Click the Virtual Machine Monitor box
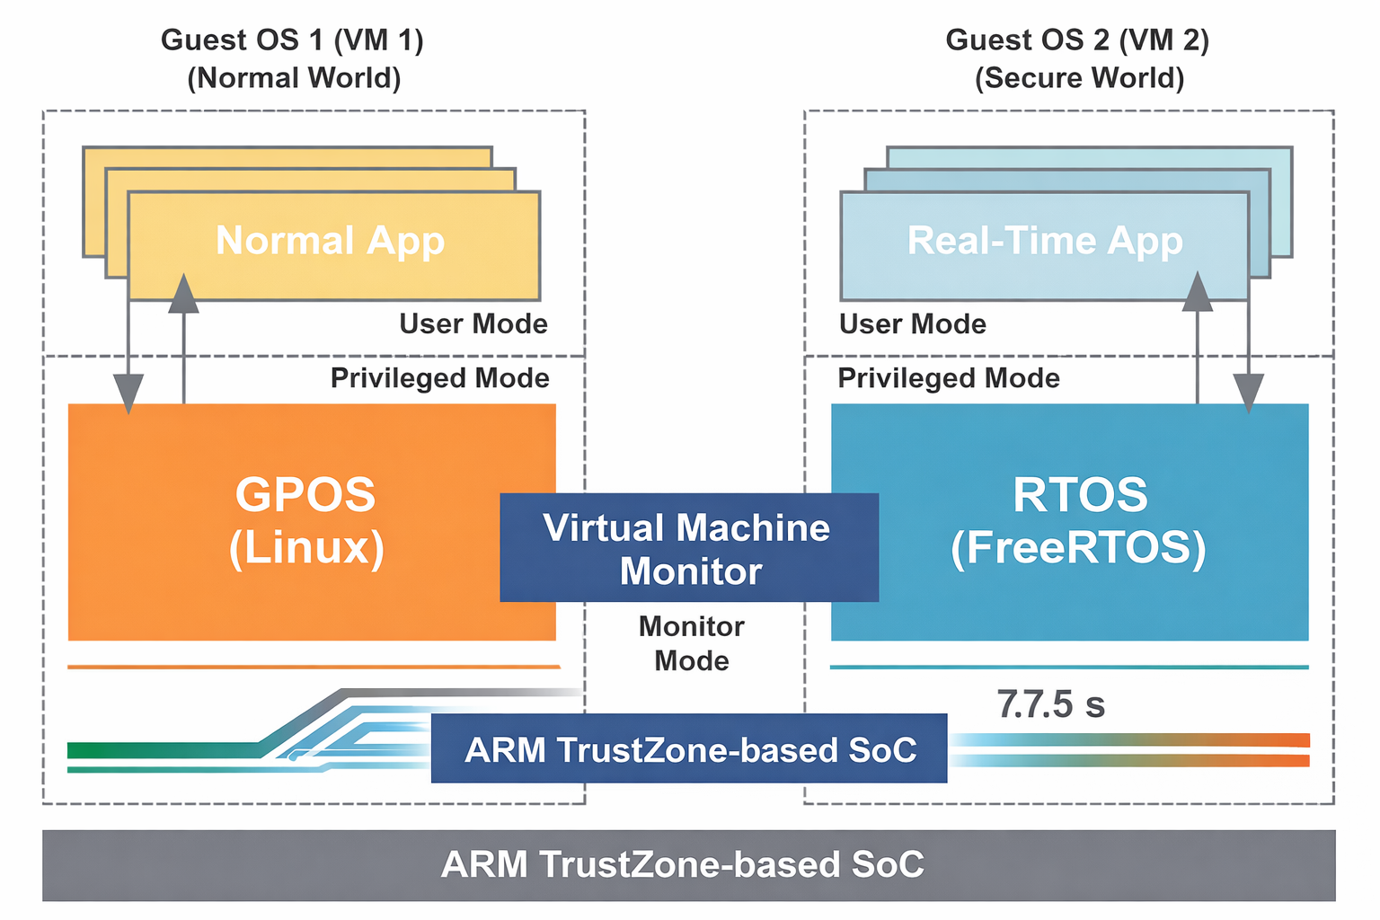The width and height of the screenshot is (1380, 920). pos(689,547)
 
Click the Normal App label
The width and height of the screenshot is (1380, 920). pos(331,241)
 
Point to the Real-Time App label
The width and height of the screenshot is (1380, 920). pos(1045,241)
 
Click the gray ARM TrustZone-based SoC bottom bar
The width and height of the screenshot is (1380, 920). pos(688,864)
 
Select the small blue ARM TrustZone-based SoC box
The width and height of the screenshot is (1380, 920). pos(689,749)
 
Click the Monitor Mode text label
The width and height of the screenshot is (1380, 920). pos(691,643)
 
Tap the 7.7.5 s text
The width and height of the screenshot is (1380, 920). pos(1050,704)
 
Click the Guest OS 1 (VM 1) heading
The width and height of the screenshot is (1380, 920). pos(292,40)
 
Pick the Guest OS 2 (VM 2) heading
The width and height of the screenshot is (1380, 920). pos(1077,40)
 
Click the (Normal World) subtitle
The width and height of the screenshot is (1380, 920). pos(294,78)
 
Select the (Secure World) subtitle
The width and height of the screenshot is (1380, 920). pos(1079,78)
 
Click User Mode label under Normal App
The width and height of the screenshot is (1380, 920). pos(473,323)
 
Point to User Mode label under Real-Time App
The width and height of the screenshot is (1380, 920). pos(913,323)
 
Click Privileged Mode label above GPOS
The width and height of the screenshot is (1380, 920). pos(440,378)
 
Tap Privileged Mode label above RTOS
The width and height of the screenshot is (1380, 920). pos(949,378)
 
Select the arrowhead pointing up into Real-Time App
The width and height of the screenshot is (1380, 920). pos(1198,291)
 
